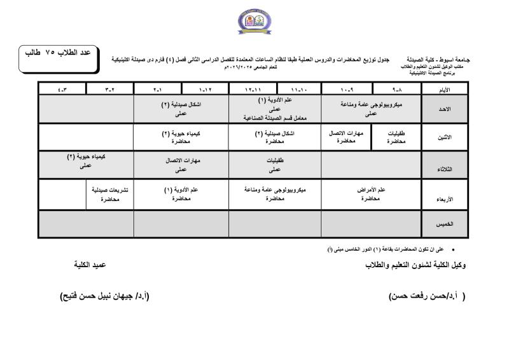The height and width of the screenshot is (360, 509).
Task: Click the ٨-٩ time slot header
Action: (x=398, y=90)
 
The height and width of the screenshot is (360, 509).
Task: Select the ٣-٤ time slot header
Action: (x=62, y=90)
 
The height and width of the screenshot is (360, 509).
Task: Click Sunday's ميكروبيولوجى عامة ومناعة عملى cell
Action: (x=371, y=109)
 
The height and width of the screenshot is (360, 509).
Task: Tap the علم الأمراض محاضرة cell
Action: (x=371, y=194)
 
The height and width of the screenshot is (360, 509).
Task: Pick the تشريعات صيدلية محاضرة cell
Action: (x=109, y=194)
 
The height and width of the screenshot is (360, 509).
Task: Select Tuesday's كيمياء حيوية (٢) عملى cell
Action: (x=85, y=161)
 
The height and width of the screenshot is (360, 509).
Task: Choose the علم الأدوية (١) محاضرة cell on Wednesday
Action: (x=181, y=194)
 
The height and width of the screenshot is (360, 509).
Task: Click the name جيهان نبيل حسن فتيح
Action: (x=104, y=296)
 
